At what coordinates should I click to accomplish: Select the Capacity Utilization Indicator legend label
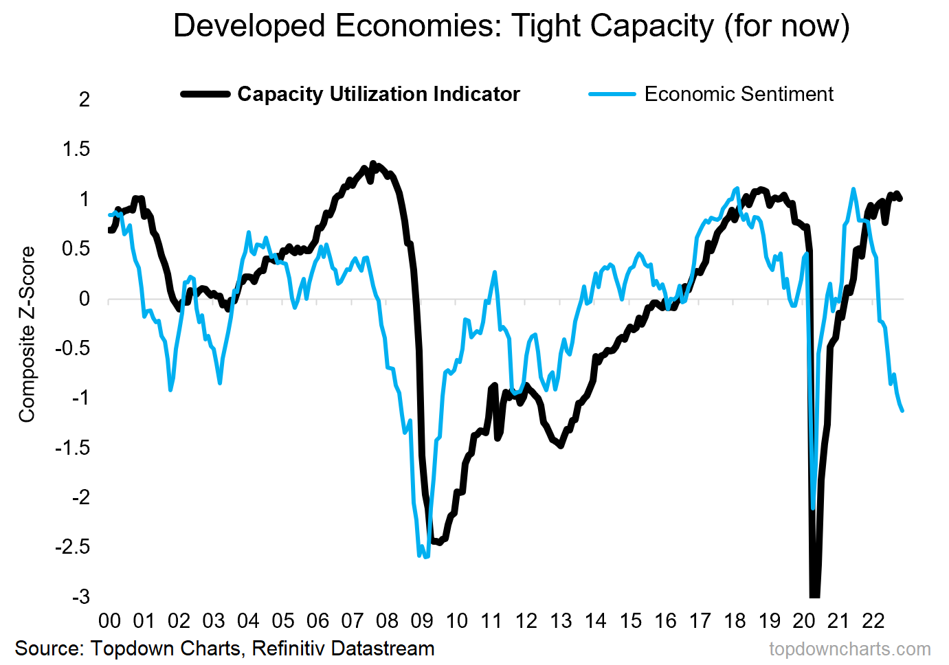pos(379,94)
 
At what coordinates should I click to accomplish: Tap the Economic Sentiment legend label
pos(739,94)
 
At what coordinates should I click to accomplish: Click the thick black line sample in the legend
pos(205,94)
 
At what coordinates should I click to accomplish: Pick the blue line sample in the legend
pos(612,94)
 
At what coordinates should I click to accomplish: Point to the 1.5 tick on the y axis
pos(76,149)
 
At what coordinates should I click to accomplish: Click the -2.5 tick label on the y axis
pos(73,547)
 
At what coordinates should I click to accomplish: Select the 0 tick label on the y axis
pos(85,299)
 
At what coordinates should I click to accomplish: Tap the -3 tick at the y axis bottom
pos(80,596)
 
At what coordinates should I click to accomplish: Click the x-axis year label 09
pos(422,621)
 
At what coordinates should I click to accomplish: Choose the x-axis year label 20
pos(804,621)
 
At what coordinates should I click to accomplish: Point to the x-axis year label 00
pos(109,621)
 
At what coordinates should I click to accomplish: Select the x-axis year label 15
pos(630,621)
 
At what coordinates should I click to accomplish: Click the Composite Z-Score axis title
pos(27,335)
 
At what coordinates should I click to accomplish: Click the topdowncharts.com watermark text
pos(850,649)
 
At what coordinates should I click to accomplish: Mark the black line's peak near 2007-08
pos(373,164)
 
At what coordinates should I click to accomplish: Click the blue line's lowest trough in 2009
pos(425,556)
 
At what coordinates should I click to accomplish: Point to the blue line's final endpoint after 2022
pos(902,411)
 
